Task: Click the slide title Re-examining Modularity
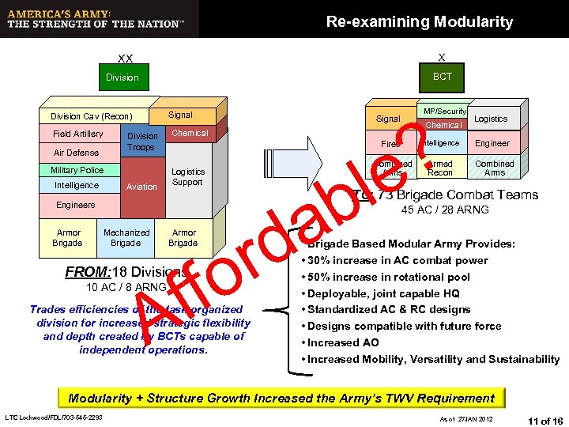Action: (x=419, y=22)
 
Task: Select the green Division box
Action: (x=122, y=77)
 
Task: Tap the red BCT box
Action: (x=442, y=76)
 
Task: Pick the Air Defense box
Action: (x=76, y=153)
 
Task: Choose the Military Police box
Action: (x=77, y=170)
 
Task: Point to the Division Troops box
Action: (x=142, y=142)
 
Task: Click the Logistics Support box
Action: (x=188, y=177)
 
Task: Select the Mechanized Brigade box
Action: (x=126, y=238)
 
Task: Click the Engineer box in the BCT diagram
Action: (x=492, y=144)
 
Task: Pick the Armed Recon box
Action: (x=440, y=168)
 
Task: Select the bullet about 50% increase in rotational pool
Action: (x=389, y=277)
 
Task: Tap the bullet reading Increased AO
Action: (x=343, y=342)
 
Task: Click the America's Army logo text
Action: (x=95, y=19)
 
